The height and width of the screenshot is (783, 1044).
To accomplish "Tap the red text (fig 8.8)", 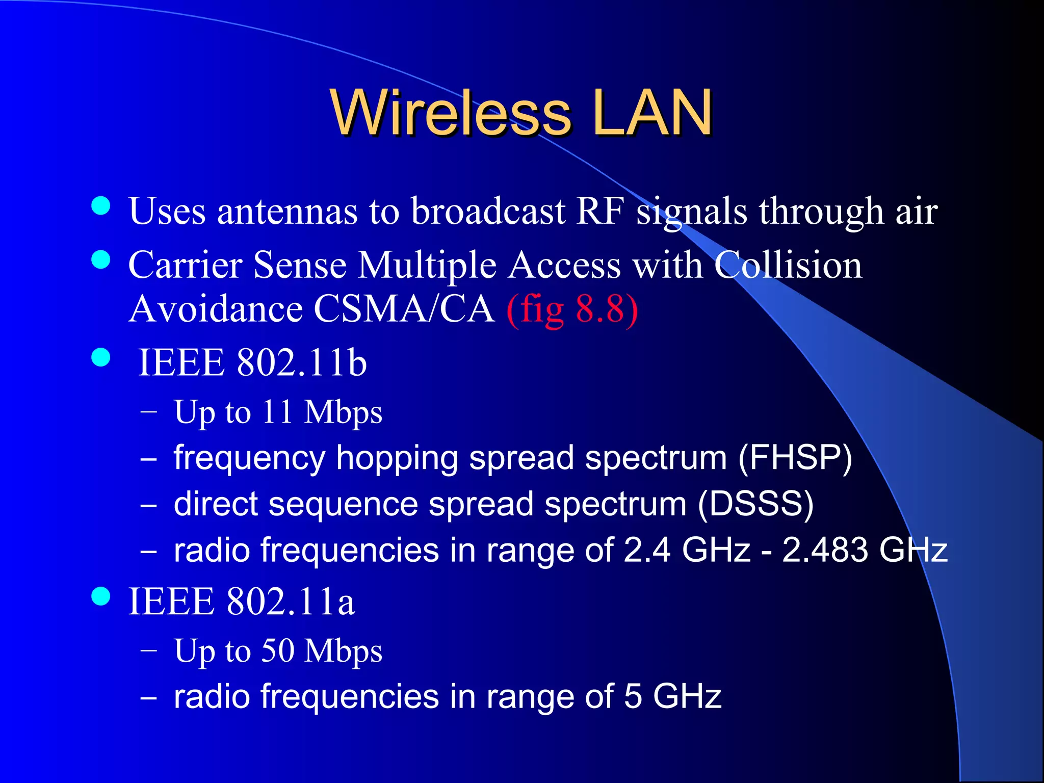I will coord(572,309).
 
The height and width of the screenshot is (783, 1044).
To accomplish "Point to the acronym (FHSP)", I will coord(795,457).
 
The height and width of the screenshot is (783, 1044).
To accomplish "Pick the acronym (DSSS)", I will coord(755,504).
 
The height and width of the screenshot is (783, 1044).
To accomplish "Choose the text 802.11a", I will coord(291,602).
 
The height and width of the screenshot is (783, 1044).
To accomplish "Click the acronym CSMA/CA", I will coord(404,309).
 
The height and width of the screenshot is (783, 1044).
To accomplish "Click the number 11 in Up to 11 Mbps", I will coord(277,411).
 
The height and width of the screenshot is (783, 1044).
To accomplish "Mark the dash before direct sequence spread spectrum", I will coord(148,505).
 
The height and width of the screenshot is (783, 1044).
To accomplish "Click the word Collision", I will coord(788,265).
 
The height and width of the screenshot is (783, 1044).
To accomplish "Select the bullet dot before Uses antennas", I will coord(101,206).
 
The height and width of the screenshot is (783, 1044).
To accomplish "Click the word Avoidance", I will coord(215,309).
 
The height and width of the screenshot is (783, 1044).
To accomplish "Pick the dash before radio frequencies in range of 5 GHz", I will coord(148,698).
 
